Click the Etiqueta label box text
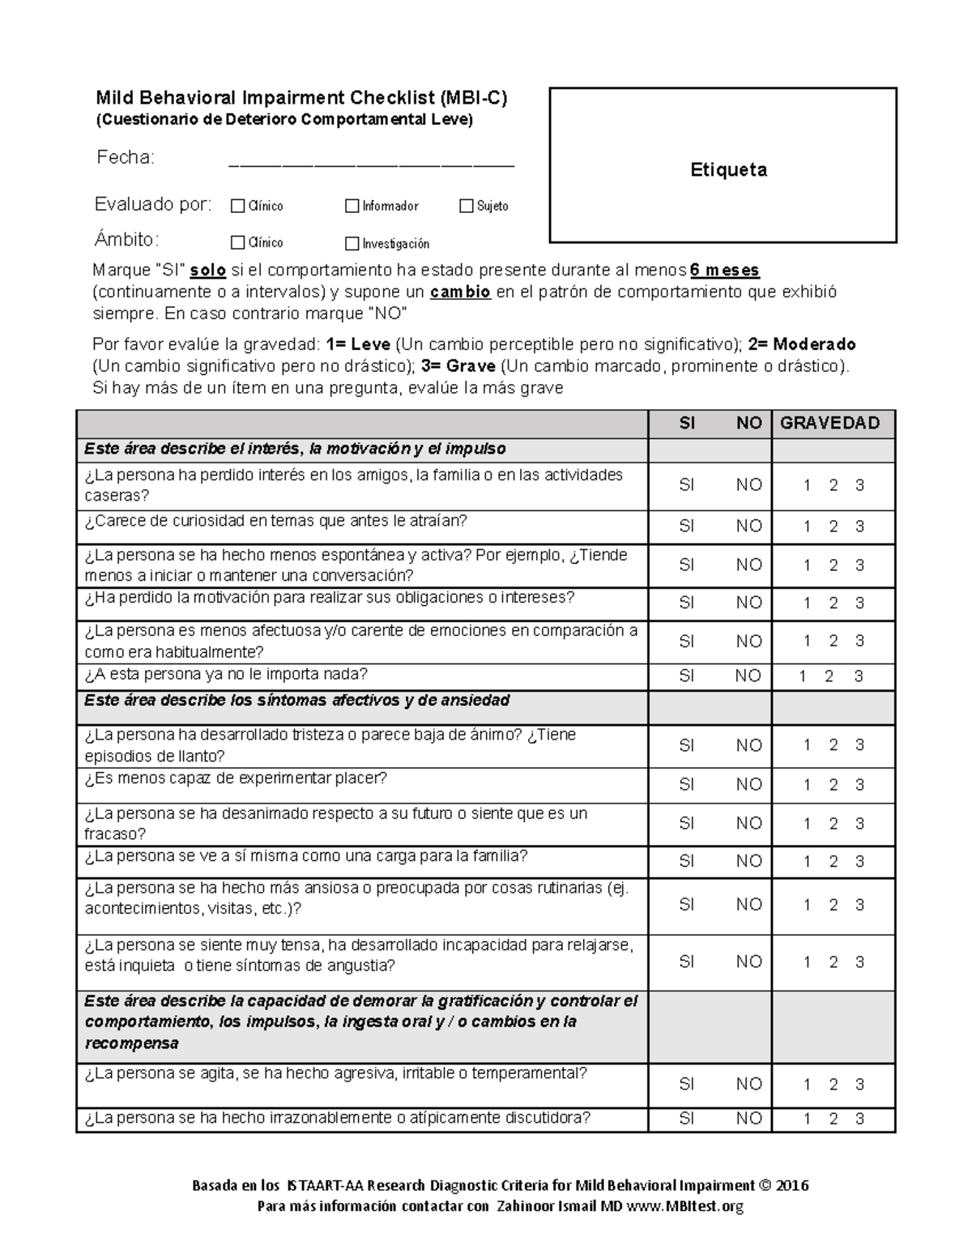(728, 170)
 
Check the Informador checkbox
(352, 207)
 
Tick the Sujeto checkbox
(466, 207)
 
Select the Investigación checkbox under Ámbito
(352, 243)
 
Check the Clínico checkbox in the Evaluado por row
(237, 207)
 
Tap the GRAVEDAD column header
(829, 423)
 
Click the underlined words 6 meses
(724, 270)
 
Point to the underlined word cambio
(460, 292)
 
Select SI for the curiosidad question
(686, 527)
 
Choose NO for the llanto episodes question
(748, 745)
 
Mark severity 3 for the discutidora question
(859, 1119)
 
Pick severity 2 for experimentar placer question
(833, 785)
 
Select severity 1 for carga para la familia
(807, 862)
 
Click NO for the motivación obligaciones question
(748, 603)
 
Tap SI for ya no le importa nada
(686, 676)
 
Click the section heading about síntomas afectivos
(296, 701)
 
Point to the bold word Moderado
(814, 344)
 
